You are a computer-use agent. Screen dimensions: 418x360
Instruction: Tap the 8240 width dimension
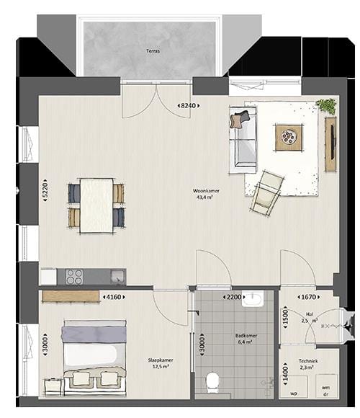(188, 106)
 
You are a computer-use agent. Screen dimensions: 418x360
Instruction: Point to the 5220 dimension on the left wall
(45, 191)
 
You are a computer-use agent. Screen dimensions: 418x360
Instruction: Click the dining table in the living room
(96, 205)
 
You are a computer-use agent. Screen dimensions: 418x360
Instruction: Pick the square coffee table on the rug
(291, 135)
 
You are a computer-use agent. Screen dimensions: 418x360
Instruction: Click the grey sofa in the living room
(243, 138)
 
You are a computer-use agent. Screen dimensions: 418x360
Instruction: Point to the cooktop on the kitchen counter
(75, 276)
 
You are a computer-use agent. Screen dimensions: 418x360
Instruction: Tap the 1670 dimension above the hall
(307, 296)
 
